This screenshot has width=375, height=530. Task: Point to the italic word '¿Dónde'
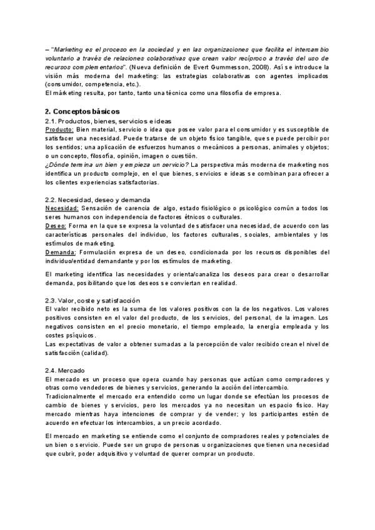point(59,164)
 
